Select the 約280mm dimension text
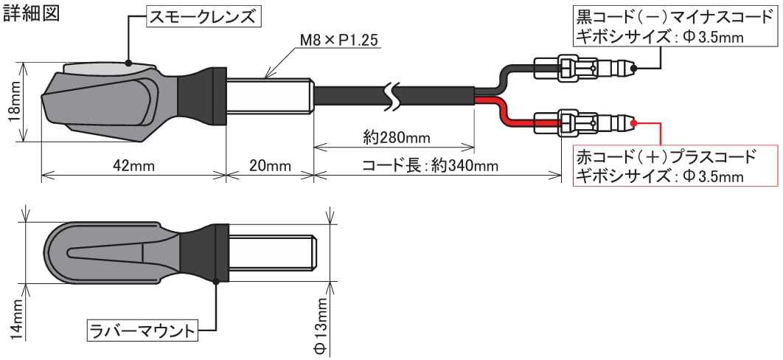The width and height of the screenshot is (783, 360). pyautogui.click(x=397, y=137)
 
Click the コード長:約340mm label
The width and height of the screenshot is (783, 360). pyautogui.click(x=430, y=165)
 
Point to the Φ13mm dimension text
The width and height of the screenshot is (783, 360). pyautogui.click(x=319, y=324)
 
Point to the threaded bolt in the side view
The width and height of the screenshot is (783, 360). pyautogui.click(x=270, y=95)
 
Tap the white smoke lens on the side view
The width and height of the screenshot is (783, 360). pyautogui.click(x=103, y=69)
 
